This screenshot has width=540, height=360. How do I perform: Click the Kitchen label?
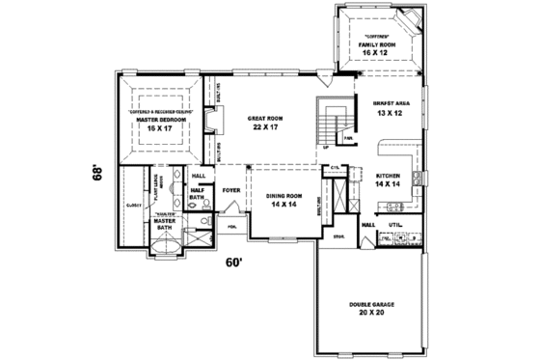point(388,175)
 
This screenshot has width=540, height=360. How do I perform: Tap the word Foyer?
point(230,190)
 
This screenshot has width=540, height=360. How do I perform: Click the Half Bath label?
point(200,193)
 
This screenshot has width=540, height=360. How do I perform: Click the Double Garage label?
point(367,304)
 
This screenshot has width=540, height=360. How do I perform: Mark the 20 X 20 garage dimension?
point(367,314)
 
